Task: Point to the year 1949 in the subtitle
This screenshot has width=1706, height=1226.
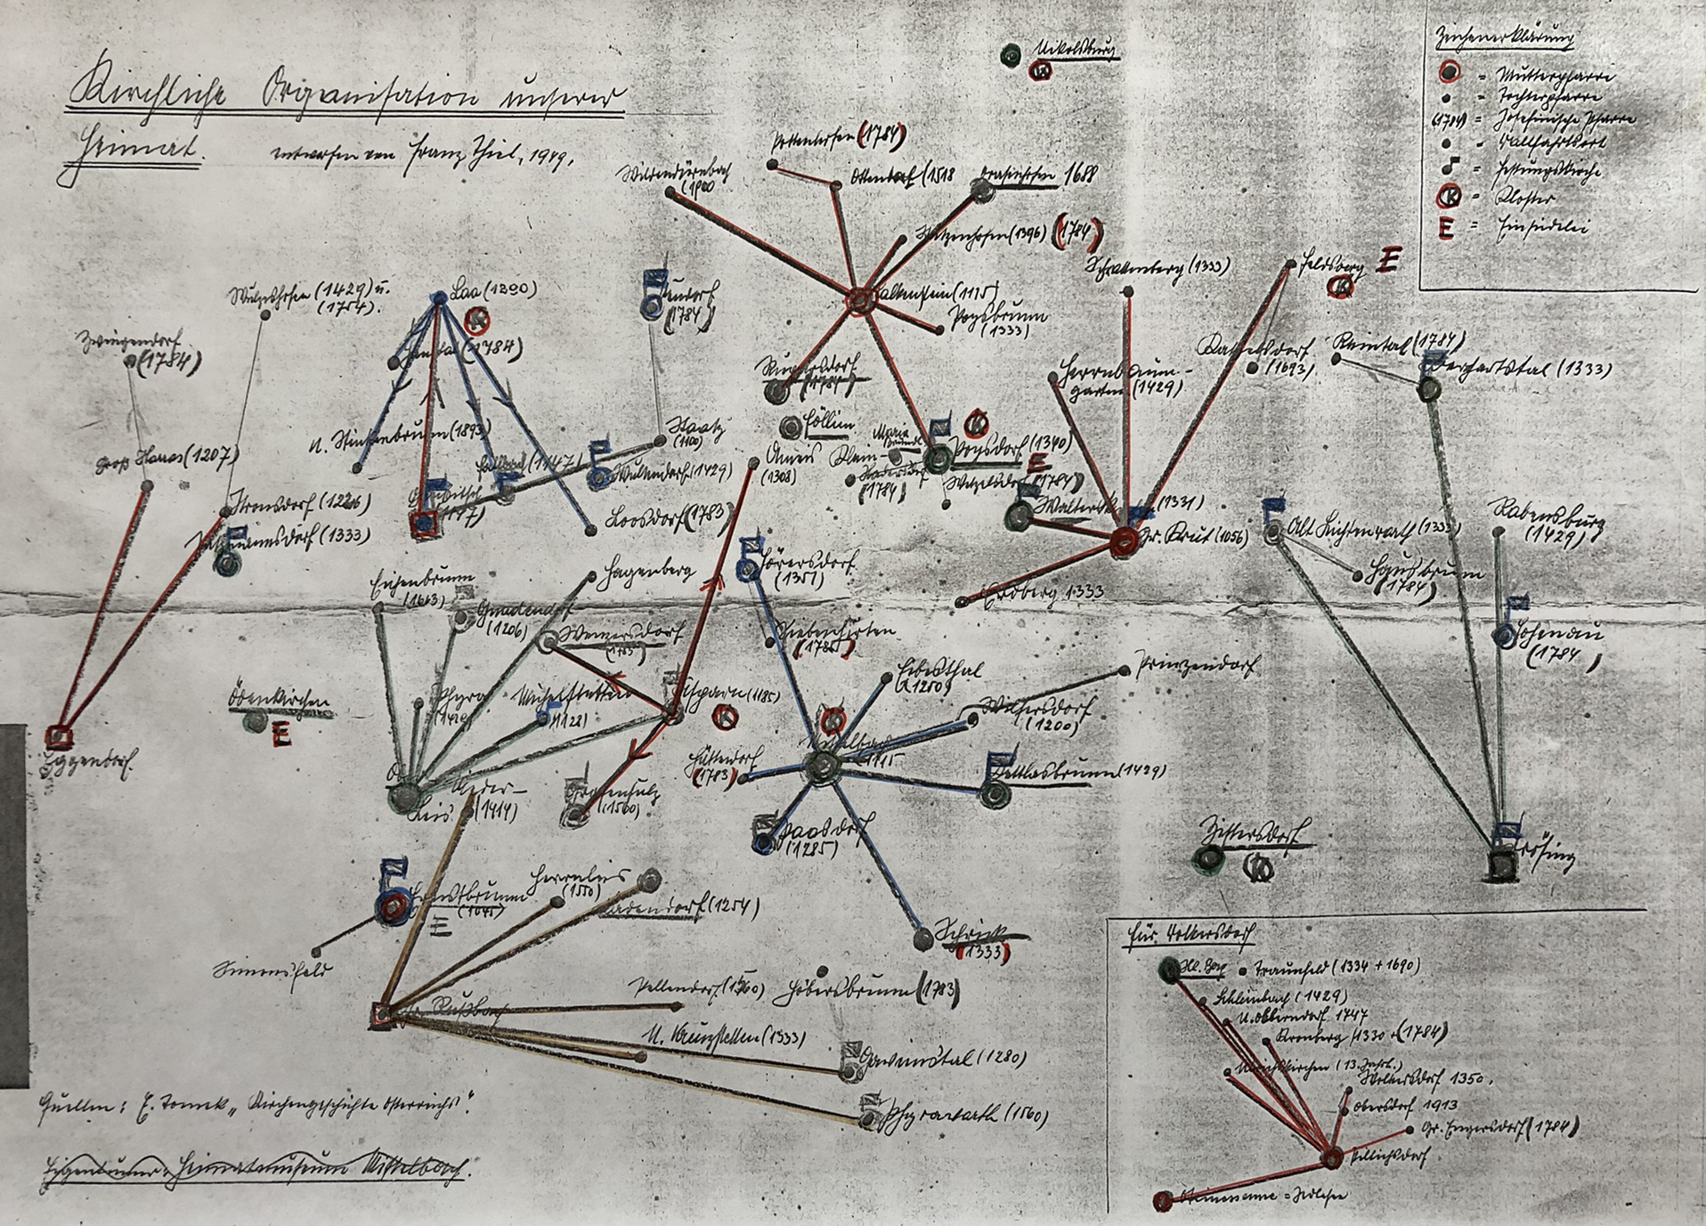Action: [552, 157]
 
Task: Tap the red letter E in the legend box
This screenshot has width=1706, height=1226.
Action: [1446, 228]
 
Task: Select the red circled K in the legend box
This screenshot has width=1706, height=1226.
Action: [1449, 199]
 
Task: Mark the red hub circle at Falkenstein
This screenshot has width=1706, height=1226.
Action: [861, 301]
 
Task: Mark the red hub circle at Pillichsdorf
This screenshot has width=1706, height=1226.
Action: [1332, 1158]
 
